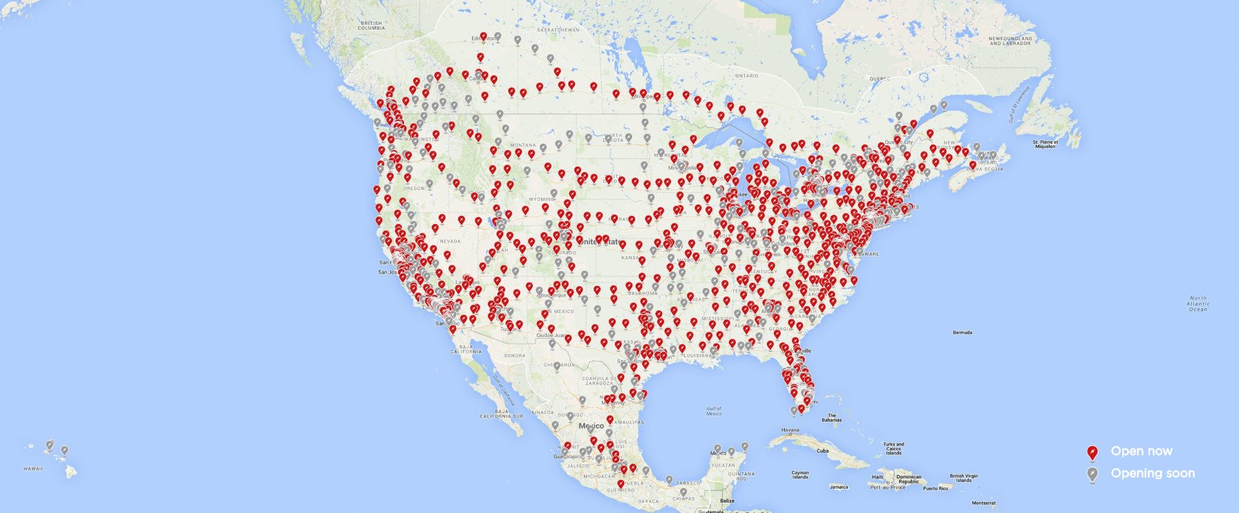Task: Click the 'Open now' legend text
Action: [1141, 451]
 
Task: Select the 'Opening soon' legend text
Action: [1152, 474]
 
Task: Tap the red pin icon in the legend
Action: [1092, 452]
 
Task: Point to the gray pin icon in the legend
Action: [1092, 474]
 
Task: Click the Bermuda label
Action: [962, 333]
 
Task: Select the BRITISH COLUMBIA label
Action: [371, 26]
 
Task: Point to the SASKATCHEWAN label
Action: [558, 30]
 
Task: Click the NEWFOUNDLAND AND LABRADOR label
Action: [1010, 41]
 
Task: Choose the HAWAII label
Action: [33, 469]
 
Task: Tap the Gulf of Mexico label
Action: [714, 411]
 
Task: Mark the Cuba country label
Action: [822, 451]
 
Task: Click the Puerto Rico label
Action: [936, 488]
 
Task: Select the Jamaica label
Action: [839, 487]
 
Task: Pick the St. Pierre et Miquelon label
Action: [1044, 144]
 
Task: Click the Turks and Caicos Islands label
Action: [893, 449]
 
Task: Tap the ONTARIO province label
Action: [746, 75]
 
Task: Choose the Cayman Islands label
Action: [800, 475]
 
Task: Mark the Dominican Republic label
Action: [909, 479]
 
